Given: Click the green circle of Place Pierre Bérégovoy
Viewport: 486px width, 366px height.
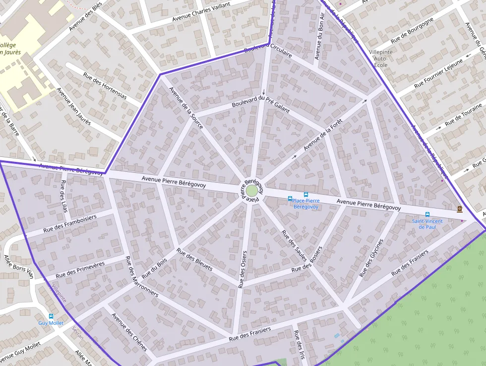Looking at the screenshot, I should [252, 191].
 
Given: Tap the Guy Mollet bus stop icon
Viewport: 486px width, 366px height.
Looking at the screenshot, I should [51, 316].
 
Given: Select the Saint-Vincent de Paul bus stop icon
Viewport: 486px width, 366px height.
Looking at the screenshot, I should [427, 215].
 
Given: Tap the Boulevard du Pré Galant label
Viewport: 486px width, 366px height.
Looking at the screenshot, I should [260, 105].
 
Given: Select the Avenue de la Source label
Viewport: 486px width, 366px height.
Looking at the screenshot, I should [186, 108].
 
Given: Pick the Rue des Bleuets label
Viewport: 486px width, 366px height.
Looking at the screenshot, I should [194, 260].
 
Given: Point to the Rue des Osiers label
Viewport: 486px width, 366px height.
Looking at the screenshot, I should [243, 269].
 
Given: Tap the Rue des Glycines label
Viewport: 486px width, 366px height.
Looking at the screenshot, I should [371, 258].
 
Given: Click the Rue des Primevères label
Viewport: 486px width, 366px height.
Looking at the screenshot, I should [80, 269].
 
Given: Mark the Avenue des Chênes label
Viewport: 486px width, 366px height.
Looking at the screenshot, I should [129, 331].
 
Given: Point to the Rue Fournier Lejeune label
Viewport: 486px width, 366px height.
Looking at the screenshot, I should [438, 73].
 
